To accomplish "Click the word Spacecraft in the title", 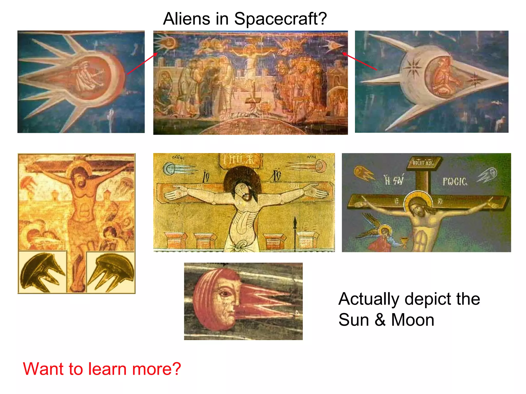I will pos(280,19).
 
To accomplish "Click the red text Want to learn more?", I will pos(102,369).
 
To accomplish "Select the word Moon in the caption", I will pos(412,320).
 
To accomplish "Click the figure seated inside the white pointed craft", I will pos(443,77).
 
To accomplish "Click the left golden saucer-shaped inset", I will pos(42,272).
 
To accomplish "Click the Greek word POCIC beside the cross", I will pos(455,182).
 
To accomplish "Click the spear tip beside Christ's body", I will pos(295,221).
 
